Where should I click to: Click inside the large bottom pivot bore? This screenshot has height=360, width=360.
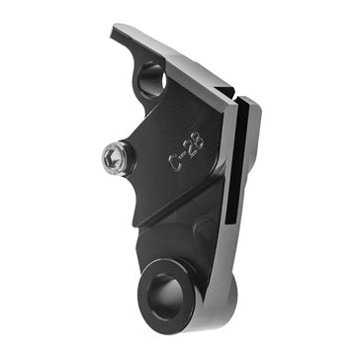click(164, 291)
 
